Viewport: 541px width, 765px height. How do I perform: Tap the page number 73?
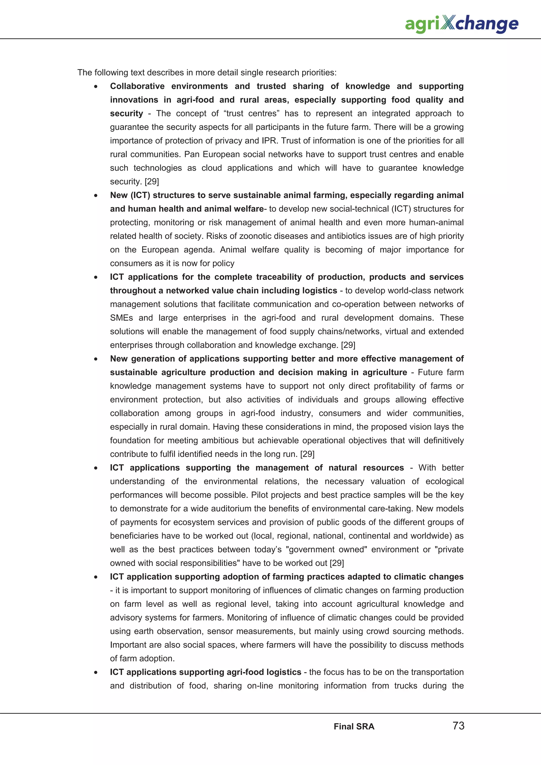458,725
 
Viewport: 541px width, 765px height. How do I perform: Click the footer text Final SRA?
354,726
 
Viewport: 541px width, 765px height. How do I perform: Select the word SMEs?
121,318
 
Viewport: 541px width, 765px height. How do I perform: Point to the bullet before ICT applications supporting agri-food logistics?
96,672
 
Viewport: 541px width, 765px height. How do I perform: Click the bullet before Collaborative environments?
96,86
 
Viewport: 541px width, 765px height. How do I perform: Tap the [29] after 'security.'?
152,182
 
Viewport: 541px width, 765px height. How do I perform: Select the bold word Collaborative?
137,86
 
